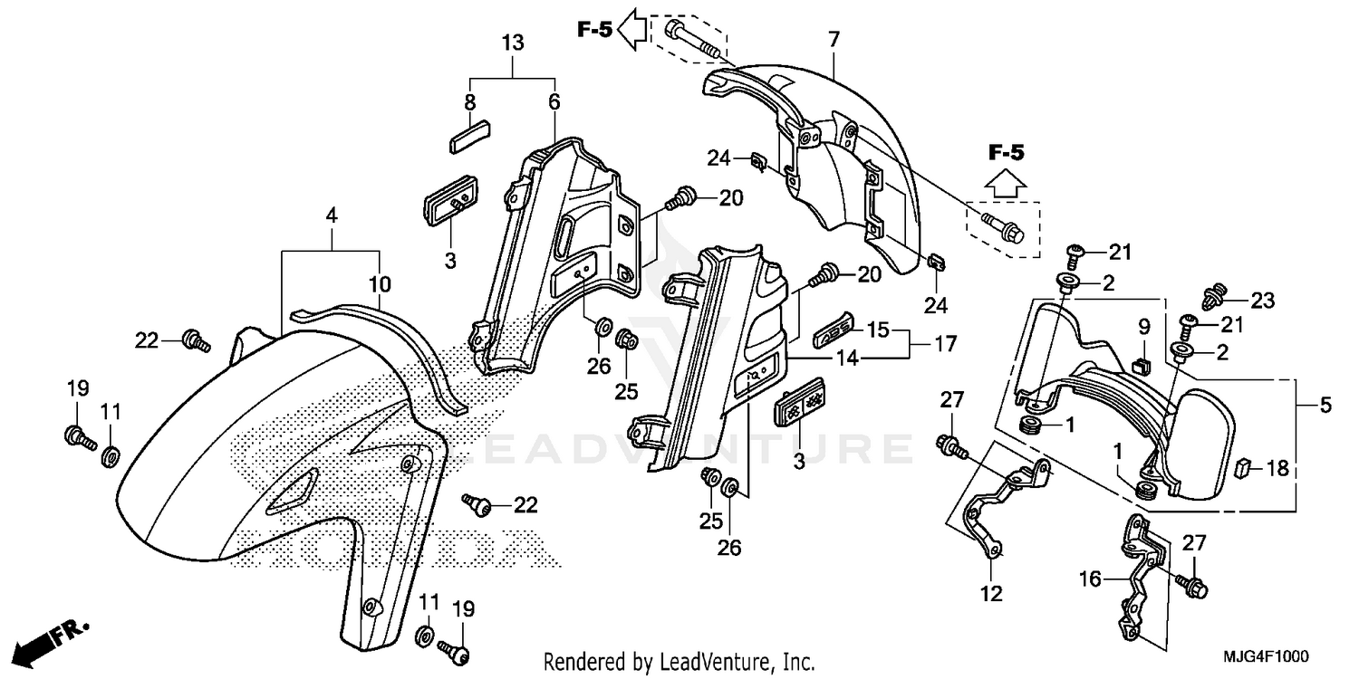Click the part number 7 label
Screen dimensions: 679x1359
click(834, 39)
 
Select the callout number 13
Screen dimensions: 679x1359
click(512, 43)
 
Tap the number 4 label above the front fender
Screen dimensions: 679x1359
click(332, 216)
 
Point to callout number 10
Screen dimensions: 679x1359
click(380, 284)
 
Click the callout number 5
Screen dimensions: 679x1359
click(1325, 406)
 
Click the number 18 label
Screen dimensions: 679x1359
click(1278, 468)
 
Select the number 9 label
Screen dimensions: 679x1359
click(1143, 326)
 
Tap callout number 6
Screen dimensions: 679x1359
click(554, 103)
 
